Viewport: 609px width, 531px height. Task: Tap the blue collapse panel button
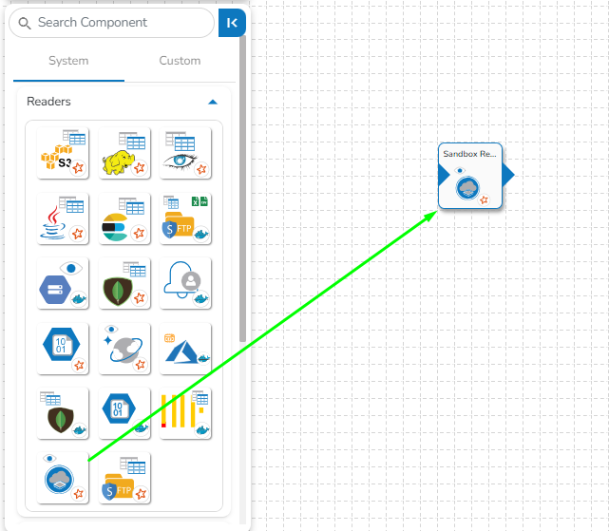(232, 23)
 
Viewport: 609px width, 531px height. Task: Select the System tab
(68, 61)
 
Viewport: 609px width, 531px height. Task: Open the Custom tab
(180, 61)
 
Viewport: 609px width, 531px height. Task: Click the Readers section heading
(48, 102)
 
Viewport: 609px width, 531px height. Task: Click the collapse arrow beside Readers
(213, 102)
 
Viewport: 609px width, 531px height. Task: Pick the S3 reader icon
(63, 152)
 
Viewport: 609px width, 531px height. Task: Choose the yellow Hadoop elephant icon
(124, 152)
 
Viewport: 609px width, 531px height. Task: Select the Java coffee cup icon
(63, 218)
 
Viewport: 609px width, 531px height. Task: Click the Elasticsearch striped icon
(124, 218)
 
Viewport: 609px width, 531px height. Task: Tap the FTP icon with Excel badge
(185, 218)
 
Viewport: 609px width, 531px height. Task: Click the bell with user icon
(185, 282)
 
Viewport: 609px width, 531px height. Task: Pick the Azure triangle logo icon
(185, 348)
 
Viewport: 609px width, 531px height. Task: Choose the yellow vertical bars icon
(185, 412)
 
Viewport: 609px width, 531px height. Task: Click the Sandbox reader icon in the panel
(63, 478)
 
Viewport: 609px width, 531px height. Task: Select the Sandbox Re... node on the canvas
(470, 177)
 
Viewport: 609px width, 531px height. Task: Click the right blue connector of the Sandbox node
(508, 176)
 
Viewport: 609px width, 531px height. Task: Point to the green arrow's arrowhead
(432, 215)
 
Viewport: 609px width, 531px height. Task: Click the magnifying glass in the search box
(25, 22)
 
